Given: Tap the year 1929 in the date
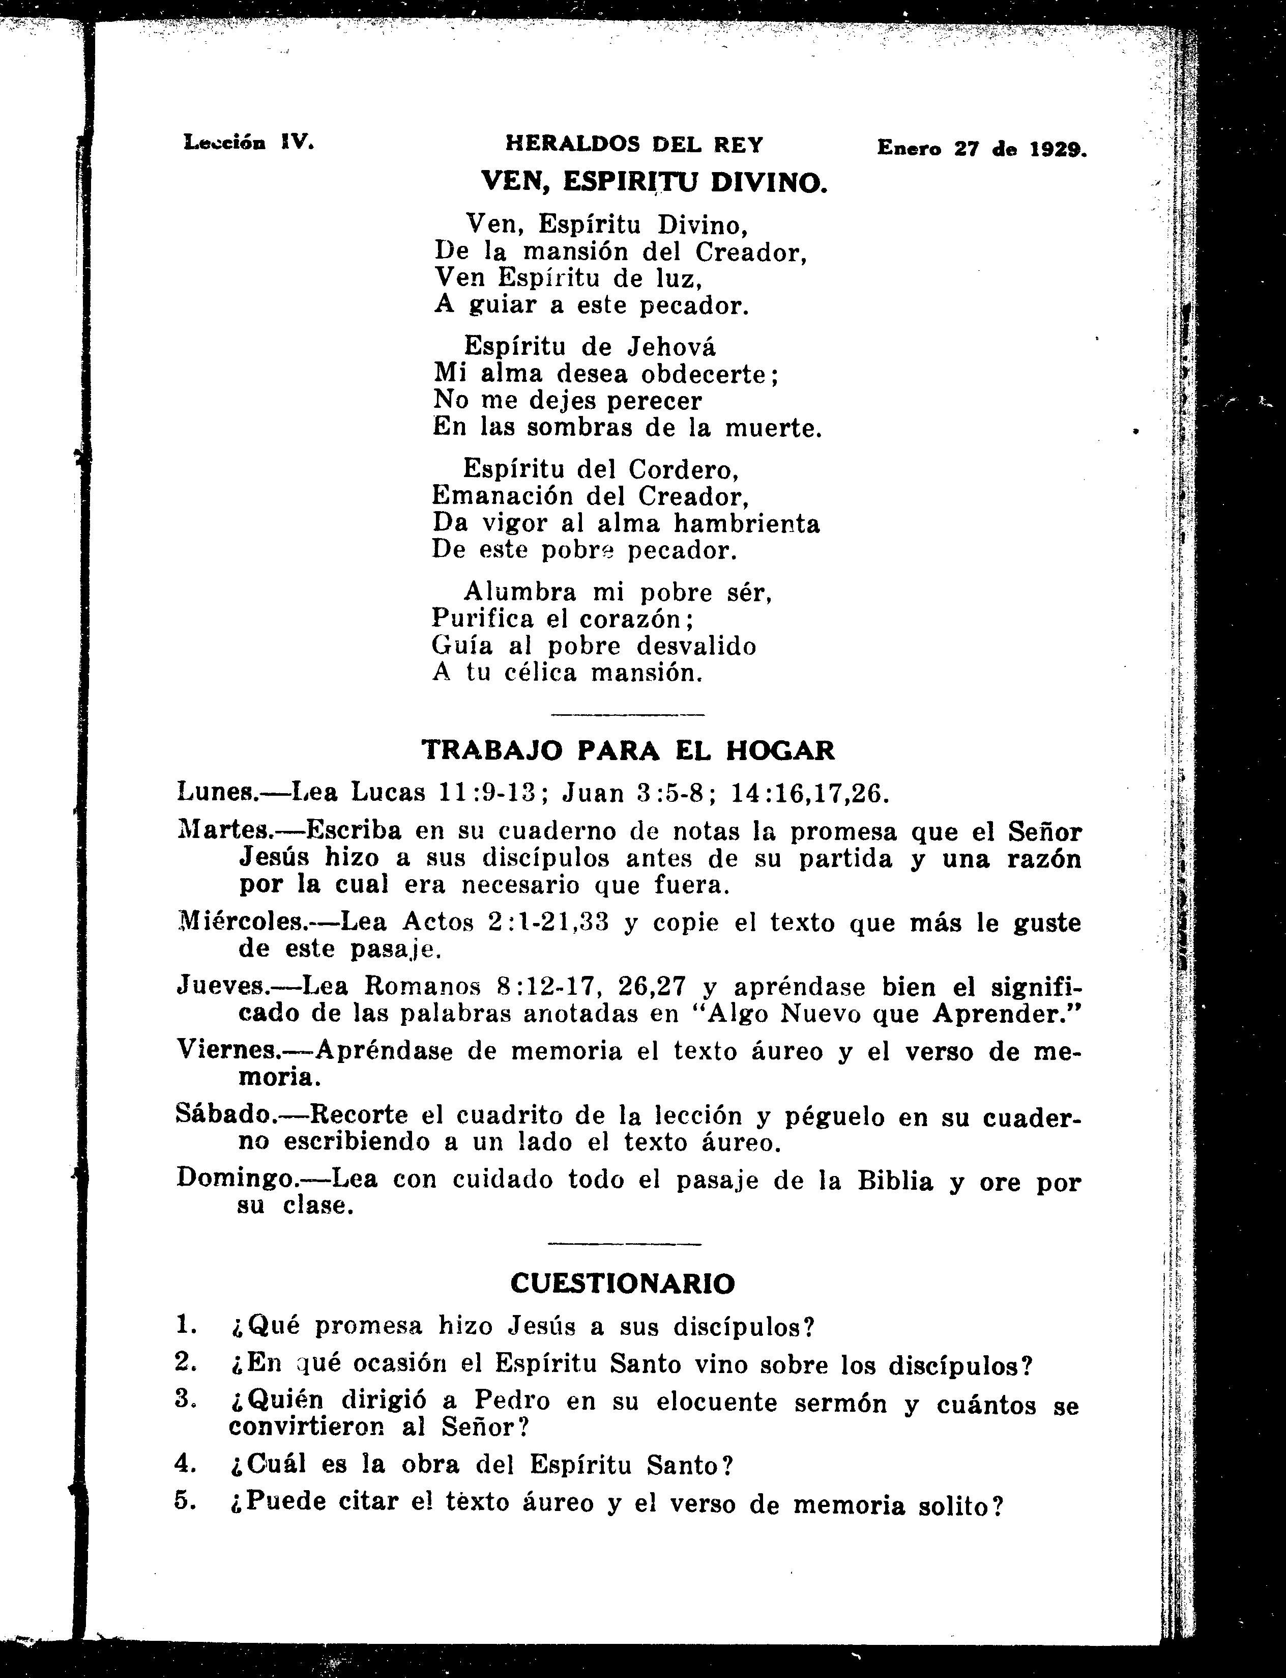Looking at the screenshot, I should point(1057,149).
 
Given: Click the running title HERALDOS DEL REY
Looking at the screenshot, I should point(634,144).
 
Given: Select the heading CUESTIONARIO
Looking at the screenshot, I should point(622,1283).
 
